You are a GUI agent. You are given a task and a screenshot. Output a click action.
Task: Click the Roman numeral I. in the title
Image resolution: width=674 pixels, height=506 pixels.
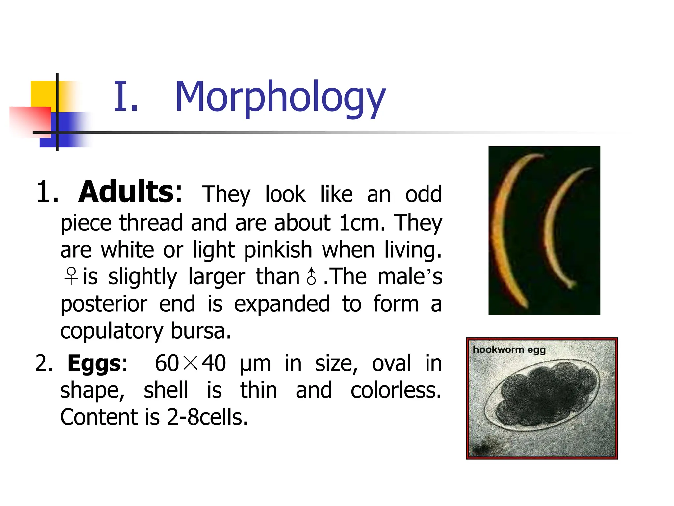pyautogui.click(x=126, y=97)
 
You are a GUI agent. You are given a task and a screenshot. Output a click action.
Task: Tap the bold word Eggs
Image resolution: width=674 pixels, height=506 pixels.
pyautogui.click(x=94, y=363)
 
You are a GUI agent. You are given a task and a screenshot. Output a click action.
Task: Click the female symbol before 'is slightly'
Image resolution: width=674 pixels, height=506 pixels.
pyautogui.click(x=71, y=276)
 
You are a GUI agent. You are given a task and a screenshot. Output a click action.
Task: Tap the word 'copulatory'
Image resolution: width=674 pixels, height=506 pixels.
pyautogui.click(x=112, y=331)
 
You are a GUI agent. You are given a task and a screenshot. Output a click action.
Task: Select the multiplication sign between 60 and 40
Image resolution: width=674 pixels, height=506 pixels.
pyautogui.click(x=190, y=363)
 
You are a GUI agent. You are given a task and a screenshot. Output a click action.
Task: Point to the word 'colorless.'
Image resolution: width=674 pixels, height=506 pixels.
pyautogui.click(x=396, y=390)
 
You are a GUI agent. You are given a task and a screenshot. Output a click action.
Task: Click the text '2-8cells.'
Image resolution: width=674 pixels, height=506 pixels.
pyautogui.click(x=207, y=417)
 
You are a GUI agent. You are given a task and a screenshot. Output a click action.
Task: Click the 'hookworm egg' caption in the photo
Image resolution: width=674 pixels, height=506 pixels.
pyautogui.click(x=509, y=350)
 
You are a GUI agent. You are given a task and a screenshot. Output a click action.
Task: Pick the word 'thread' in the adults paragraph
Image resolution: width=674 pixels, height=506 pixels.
pyautogui.click(x=151, y=223)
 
